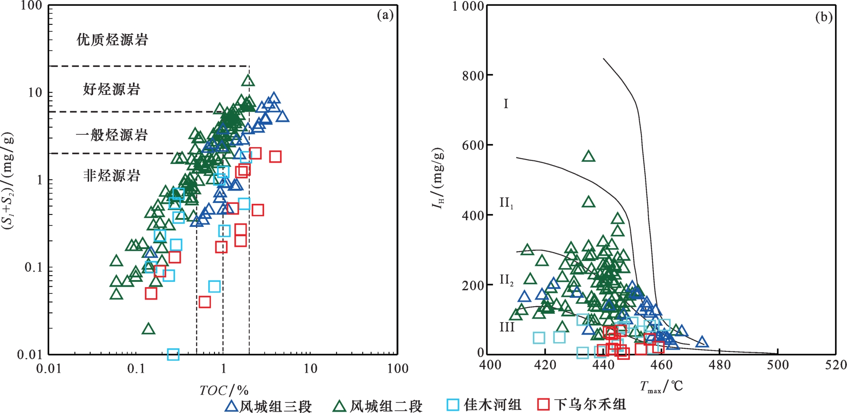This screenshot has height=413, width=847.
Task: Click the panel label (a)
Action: (x=385, y=16)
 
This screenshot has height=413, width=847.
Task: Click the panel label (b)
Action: (x=824, y=17)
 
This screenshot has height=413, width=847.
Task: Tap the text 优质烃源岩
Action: (x=112, y=40)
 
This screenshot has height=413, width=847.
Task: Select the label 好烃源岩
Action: (x=112, y=90)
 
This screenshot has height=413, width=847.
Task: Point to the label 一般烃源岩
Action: (x=112, y=135)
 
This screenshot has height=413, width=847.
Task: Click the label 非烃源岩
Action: (x=112, y=176)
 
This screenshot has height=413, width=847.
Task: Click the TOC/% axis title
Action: (x=224, y=390)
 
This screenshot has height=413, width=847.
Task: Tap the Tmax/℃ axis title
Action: (x=661, y=386)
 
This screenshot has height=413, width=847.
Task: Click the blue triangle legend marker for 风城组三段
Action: (x=231, y=406)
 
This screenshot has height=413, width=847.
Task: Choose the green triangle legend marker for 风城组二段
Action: (x=340, y=406)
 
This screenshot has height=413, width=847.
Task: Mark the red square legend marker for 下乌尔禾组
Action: (x=543, y=405)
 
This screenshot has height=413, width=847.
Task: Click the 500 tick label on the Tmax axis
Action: (x=777, y=365)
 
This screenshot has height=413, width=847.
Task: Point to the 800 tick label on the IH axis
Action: (x=473, y=76)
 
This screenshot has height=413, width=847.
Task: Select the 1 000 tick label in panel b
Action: (x=468, y=7)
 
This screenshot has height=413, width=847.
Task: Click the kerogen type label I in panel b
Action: (x=506, y=104)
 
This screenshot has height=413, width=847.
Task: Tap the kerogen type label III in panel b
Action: (x=507, y=327)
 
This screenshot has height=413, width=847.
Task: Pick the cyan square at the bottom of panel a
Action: (x=173, y=354)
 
